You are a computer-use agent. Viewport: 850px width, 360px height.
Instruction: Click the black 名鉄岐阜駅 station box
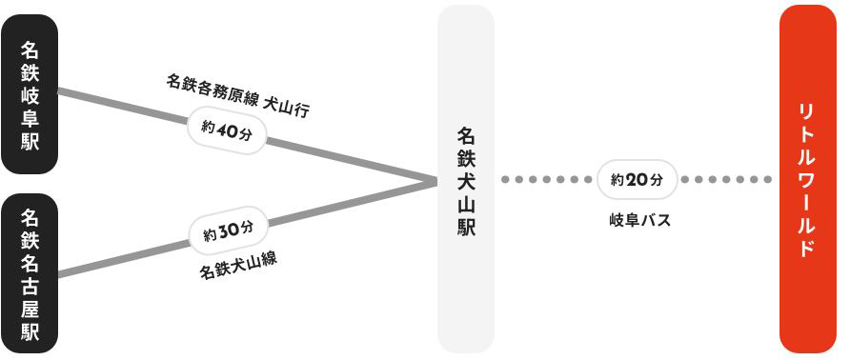tap(30, 94)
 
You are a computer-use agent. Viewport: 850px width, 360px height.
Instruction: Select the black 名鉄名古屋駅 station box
tap(30, 273)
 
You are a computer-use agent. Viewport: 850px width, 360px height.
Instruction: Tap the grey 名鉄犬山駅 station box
tap(466, 179)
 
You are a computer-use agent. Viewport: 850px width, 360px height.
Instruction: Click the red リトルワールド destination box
tap(808, 179)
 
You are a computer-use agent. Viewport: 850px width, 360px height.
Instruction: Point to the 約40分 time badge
tap(227, 130)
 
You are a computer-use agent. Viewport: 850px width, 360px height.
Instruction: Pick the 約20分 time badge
tap(637, 179)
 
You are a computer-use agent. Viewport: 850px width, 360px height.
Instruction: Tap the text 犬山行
tap(286, 109)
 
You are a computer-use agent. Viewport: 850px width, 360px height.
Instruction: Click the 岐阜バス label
tap(639, 220)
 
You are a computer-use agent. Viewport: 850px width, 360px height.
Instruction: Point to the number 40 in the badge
tap(228, 130)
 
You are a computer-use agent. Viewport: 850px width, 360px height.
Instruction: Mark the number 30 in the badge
tap(229, 232)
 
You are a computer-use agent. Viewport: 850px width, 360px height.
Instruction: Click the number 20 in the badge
tap(637, 180)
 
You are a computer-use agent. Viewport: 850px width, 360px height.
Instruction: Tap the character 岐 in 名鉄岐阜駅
tap(30, 95)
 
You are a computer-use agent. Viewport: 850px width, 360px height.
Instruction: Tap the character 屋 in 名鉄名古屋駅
tap(30, 310)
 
